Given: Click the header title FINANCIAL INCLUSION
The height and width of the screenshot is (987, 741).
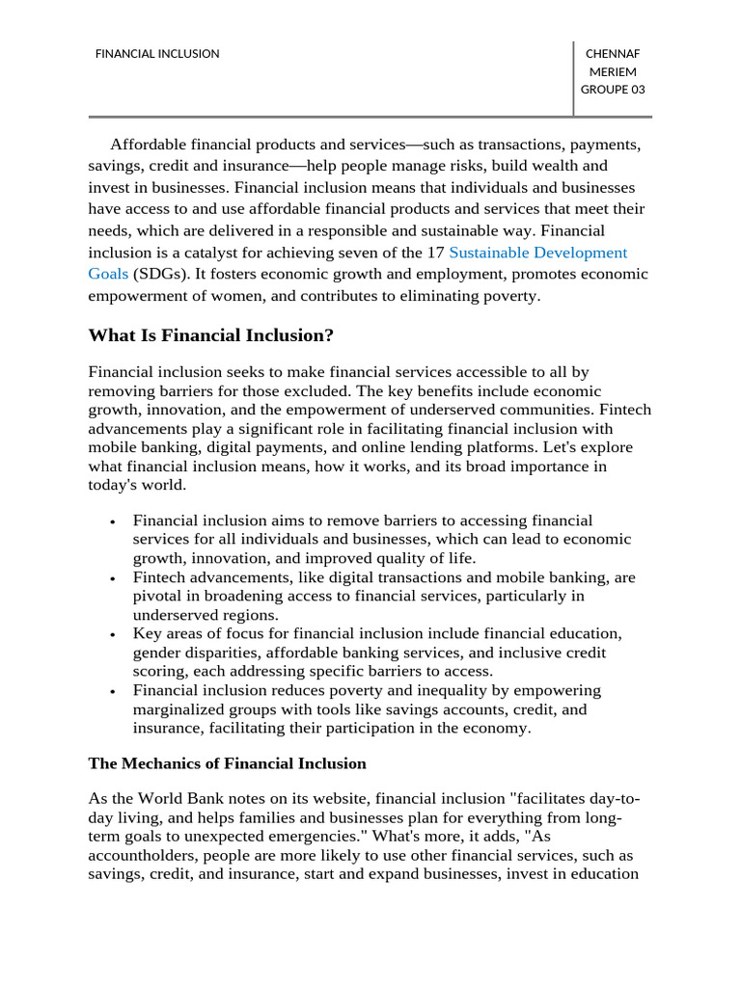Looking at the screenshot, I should (x=157, y=54).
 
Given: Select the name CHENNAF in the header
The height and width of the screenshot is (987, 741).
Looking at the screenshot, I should (x=613, y=54).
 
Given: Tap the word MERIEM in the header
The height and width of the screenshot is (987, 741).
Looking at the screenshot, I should (x=613, y=72).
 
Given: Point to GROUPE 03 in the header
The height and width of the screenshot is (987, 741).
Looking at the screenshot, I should (x=613, y=91).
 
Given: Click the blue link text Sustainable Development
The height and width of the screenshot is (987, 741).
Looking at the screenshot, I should (x=538, y=253).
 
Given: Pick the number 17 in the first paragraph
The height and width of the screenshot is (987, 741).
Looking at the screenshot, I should (x=435, y=253).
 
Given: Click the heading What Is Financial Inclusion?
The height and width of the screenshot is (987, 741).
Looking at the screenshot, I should (x=211, y=335).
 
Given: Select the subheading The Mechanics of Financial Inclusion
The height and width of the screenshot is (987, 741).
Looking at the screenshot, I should (x=227, y=763).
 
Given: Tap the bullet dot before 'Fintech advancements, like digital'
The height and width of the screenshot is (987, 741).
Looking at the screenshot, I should (x=114, y=579).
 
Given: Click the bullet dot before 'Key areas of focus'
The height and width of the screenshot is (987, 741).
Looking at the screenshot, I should (x=114, y=635).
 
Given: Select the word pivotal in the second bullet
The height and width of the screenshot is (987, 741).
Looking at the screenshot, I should (x=157, y=596).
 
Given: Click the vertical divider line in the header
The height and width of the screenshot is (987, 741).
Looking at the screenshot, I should (x=573, y=78).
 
